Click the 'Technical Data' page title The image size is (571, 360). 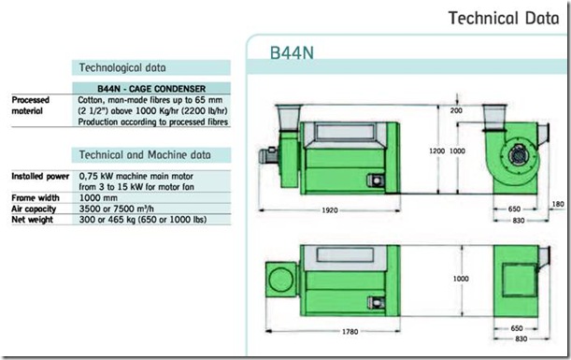504,18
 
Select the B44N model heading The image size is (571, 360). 292,53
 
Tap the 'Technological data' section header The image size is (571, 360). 122,67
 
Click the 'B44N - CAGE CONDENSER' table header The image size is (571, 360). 151,89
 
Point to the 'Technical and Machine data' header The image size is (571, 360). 145,155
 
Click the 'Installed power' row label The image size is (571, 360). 40,177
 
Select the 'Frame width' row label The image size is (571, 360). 36,198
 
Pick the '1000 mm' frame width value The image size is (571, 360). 98,198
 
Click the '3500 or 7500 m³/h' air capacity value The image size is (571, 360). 117,209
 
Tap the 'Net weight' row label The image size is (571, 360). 32,220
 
